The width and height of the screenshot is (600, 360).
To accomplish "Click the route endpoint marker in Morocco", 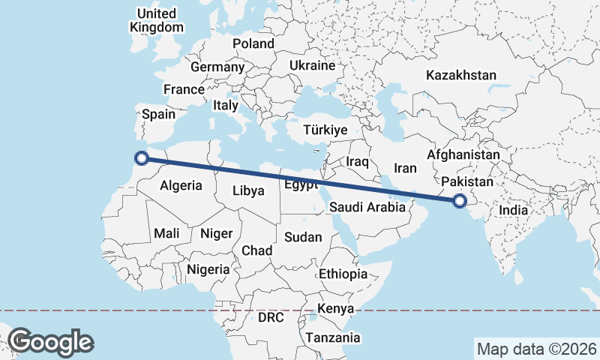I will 141,157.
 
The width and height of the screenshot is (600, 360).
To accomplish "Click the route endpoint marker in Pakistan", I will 460,200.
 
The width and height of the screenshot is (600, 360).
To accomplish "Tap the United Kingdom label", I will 157,20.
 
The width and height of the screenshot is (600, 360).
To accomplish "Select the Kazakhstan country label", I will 461,75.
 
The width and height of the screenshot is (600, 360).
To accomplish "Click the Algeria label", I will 181,185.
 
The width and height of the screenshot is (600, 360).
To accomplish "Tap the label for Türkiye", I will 325,130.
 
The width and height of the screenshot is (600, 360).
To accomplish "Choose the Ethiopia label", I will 343,274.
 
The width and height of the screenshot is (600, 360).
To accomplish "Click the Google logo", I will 50,341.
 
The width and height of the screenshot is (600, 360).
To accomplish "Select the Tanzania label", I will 333,338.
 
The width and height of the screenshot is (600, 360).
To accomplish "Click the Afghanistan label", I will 463,155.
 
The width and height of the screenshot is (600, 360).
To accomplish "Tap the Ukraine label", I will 311,65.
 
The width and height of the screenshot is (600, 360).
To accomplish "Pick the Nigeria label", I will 208,268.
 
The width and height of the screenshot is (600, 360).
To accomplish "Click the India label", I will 514,211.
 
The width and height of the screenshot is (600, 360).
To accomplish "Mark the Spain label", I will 158,115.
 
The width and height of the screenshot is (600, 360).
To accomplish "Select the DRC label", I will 271,317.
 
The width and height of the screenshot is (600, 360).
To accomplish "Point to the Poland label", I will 253,43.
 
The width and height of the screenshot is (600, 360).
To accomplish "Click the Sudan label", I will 303,237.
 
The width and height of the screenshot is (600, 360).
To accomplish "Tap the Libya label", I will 248,190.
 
